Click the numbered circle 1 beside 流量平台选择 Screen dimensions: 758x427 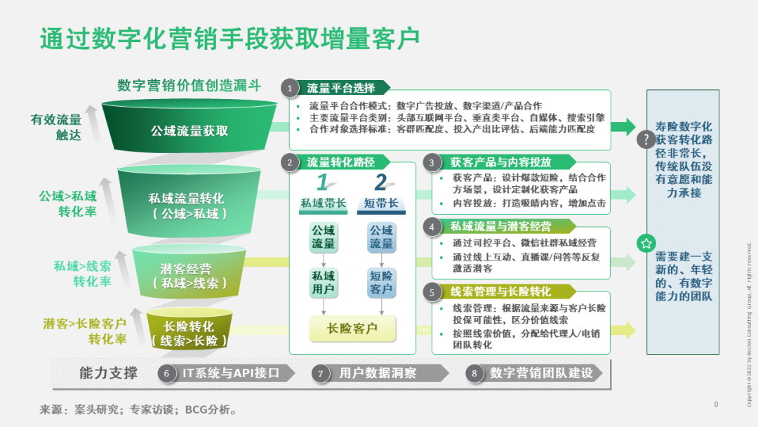[290, 88]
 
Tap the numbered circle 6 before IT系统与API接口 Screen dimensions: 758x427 [167, 374]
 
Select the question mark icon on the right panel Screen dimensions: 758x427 [646, 139]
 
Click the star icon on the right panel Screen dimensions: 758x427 [646, 243]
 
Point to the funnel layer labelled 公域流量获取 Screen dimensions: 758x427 [189, 126]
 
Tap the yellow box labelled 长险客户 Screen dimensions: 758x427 [352, 329]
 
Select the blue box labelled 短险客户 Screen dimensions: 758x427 [381, 282]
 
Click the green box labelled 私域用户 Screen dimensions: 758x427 [324, 282]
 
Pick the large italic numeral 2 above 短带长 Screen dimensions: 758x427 [381, 183]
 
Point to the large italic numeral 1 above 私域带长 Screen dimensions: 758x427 [322, 183]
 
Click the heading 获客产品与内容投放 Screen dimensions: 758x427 [501, 162]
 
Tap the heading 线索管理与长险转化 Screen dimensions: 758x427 [501, 291]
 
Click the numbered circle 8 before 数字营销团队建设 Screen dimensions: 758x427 [474, 374]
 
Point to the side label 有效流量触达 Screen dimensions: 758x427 [56, 127]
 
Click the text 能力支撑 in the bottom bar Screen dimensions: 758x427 [108, 374]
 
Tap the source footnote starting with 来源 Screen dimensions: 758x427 [138, 410]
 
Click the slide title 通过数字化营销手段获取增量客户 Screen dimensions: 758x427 [230, 38]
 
